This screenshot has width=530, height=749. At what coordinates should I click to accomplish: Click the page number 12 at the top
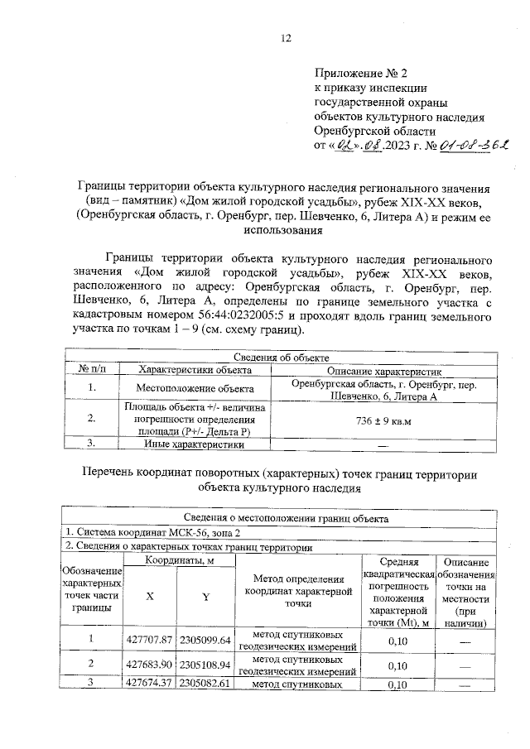(x=287, y=37)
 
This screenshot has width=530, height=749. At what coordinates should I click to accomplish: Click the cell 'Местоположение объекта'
(x=195, y=387)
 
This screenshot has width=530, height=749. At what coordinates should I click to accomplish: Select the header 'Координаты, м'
(x=180, y=560)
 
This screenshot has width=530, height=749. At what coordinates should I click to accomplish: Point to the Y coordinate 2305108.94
(x=206, y=664)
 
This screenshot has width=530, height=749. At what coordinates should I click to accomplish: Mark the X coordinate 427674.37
(x=149, y=684)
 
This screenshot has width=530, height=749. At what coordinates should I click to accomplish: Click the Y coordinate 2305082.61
(x=206, y=684)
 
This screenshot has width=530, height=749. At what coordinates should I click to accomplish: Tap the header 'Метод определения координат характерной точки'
(x=298, y=592)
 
